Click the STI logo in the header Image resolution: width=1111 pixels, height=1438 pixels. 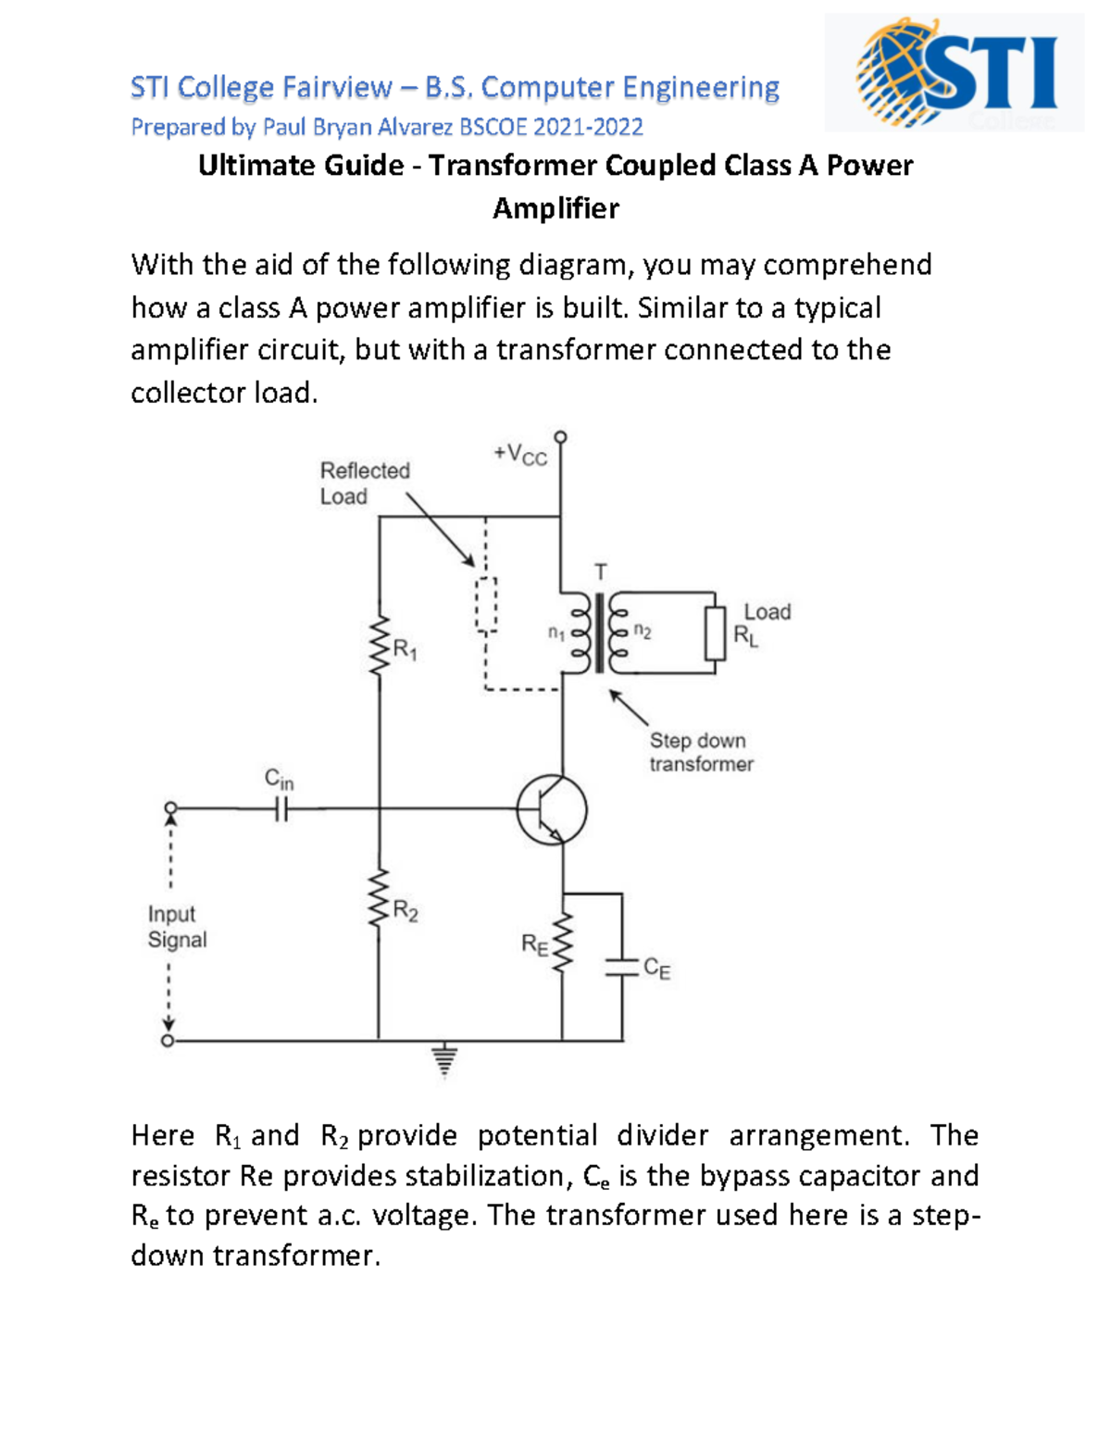click(x=955, y=72)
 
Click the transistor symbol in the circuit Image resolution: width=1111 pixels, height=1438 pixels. click(x=551, y=809)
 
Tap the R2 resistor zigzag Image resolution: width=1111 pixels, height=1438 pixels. click(x=379, y=899)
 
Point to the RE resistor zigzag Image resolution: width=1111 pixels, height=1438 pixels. click(x=561, y=943)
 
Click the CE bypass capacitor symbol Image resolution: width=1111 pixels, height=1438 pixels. click(x=621, y=968)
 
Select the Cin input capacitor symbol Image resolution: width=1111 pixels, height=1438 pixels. click(x=281, y=810)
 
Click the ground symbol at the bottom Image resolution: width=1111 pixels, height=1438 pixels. click(x=445, y=1059)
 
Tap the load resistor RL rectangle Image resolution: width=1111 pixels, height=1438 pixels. click(x=715, y=633)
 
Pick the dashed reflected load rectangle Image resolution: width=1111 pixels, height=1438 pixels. click(x=486, y=605)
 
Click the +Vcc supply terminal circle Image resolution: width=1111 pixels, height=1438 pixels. click(x=560, y=437)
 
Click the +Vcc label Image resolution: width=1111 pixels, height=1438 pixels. click(x=520, y=455)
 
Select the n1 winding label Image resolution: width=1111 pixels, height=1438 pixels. click(x=555, y=633)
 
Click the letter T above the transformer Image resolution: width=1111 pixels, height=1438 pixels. click(x=601, y=571)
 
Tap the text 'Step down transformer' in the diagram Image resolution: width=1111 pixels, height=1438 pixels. click(x=701, y=752)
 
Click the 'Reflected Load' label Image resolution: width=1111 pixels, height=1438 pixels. click(x=364, y=482)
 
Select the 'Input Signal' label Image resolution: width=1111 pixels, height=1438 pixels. click(x=176, y=927)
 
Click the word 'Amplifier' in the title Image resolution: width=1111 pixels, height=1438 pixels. click(x=555, y=208)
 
